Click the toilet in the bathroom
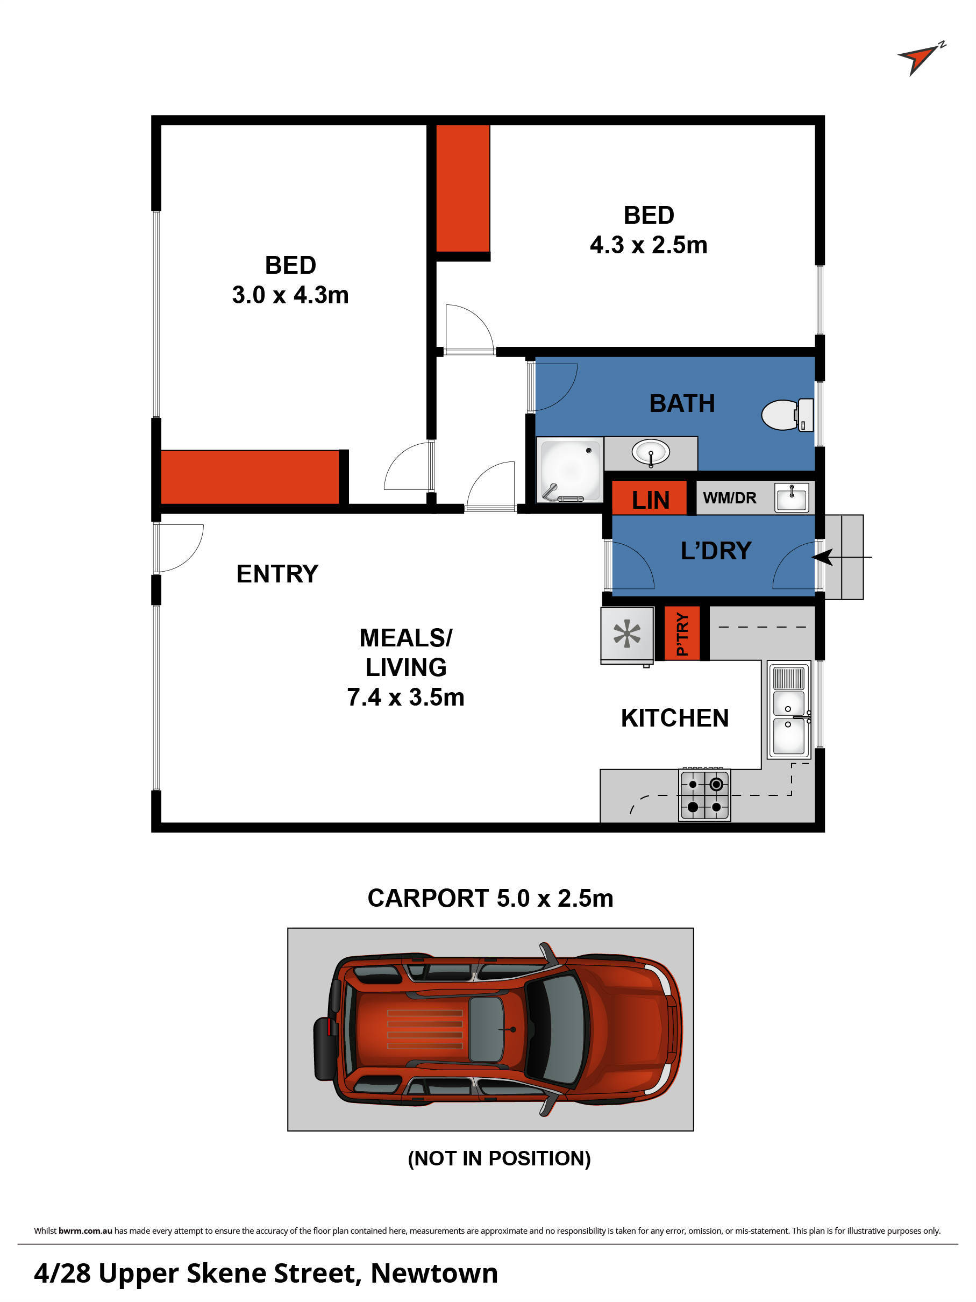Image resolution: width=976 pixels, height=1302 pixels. [786, 415]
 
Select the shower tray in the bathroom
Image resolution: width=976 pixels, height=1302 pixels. [569, 469]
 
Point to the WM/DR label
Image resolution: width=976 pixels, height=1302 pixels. [729, 498]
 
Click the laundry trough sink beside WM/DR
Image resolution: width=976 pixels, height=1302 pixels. [791, 498]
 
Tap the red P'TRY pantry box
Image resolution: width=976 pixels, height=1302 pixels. [682, 634]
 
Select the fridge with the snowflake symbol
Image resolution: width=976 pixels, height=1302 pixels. [627, 634]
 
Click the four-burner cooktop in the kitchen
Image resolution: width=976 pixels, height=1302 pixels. [704, 795]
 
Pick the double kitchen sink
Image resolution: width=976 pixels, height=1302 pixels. [789, 710]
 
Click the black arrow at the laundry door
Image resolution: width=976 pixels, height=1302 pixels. [824, 556]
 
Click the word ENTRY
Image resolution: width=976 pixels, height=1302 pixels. [277, 574]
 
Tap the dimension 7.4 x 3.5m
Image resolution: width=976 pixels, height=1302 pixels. [405, 698]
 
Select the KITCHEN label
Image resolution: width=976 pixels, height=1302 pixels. [675, 718]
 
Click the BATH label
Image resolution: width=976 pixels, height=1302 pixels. [682, 404]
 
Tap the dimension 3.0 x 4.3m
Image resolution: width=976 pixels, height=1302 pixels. [290, 295]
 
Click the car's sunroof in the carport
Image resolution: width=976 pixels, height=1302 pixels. [486, 1029]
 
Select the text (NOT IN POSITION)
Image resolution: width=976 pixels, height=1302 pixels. [499, 1158]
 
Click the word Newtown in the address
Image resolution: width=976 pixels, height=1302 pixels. [434, 1272]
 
